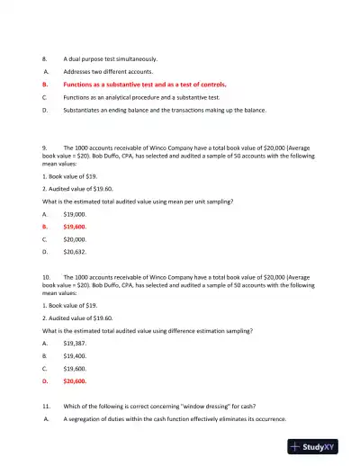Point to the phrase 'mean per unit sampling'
[x=200, y=202]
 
